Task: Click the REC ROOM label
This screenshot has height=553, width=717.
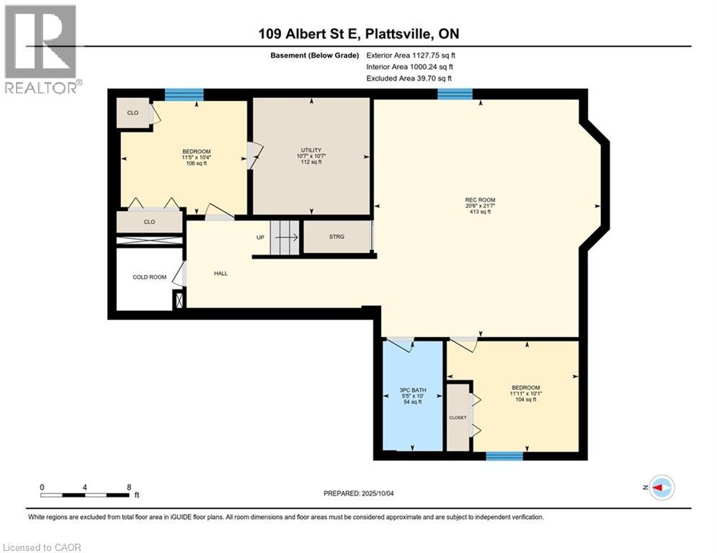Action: coord(480,200)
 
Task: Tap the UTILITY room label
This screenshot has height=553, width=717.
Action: coord(311,150)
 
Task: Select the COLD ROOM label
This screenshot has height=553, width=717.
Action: coord(149,277)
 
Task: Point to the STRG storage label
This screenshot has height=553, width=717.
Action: coord(337,236)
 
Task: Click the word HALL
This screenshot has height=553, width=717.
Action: coord(221,273)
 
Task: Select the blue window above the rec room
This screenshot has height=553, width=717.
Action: coord(455,94)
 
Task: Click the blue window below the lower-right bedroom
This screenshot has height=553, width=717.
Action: coord(504,456)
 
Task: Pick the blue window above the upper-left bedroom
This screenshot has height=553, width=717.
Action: coord(184,94)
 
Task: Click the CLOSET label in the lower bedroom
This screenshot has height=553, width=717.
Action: coord(458,418)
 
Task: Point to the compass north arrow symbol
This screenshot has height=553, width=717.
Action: coord(661,487)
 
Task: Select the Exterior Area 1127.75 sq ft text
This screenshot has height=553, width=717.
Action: coord(410,54)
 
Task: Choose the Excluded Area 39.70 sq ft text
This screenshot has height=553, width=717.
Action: coord(409,78)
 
